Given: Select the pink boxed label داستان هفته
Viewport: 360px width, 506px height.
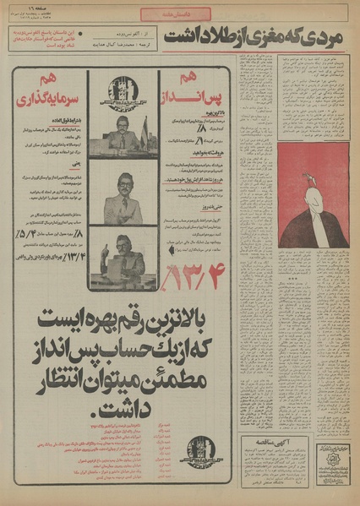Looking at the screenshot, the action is pos(179,14).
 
